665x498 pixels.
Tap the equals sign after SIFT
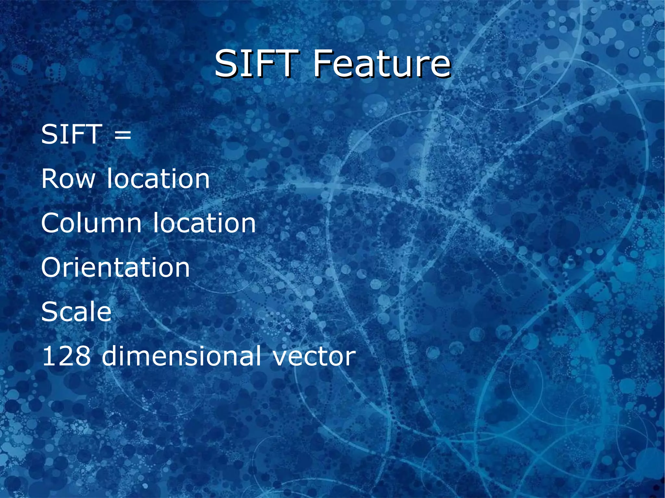(123, 135)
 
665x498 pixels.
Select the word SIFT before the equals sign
(70, 134)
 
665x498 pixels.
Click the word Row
(68, 179)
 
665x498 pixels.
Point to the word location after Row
(158, 179)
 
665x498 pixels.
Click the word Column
(91, 223)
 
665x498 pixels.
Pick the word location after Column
(204, 223)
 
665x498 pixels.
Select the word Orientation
(115, 268)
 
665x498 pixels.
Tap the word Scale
(76, 312)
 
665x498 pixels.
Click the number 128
(66, 356)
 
